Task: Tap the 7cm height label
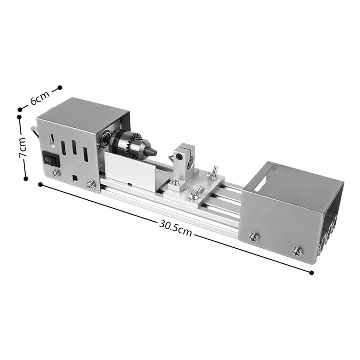click(x=23, y=147)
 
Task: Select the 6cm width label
click(x=40, y=98)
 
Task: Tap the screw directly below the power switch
click(x=56, y=173)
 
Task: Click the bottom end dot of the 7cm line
click(x=26, y=178)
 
